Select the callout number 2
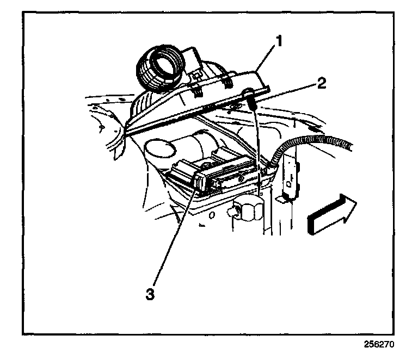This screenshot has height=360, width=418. tap(322, 83)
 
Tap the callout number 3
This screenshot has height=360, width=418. tap(149, 294)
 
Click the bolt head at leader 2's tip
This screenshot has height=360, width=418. tap(251, 99)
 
